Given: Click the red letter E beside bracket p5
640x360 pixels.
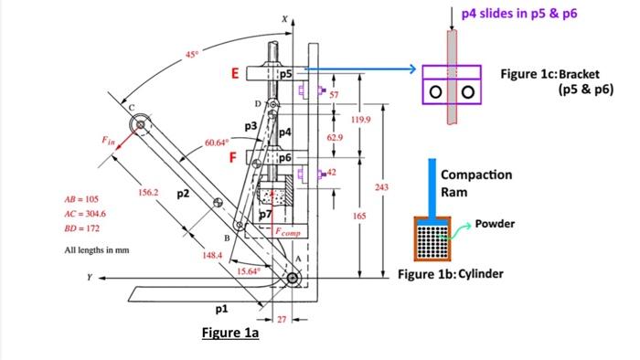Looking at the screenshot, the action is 235,73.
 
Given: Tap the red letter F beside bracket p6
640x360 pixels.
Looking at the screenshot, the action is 233,157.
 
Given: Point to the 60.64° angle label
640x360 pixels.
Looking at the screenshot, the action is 217,143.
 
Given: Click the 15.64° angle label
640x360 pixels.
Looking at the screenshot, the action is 248,271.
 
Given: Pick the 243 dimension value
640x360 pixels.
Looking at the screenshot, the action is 381,187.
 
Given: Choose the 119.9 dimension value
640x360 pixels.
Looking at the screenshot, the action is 361,120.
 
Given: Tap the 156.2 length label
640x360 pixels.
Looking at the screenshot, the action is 148,192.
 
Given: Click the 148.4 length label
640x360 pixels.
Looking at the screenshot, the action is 212,255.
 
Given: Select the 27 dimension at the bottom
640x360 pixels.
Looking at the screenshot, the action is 282,320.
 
